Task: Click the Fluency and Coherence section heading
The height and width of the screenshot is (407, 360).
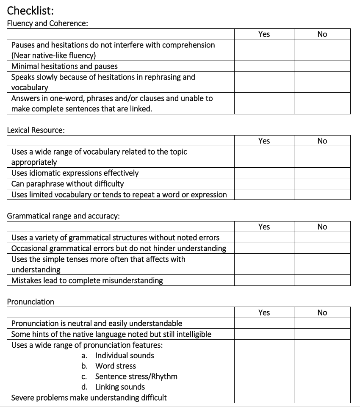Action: [47, 23]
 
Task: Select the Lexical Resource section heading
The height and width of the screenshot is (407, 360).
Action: [36, 130]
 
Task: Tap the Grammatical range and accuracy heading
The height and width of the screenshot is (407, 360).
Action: [64, 216]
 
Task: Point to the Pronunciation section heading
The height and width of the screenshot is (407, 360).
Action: [30, 302]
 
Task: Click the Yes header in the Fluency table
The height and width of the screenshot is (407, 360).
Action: [264, 34]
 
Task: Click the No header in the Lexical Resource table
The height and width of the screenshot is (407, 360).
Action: [322, 141]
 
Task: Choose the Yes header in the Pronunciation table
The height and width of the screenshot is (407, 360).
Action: [264, 313]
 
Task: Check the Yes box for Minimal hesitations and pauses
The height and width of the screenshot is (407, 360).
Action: [264, 66]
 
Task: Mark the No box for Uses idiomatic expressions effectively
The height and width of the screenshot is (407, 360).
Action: [322, 173]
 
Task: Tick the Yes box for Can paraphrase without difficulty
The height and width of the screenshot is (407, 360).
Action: [264, 184]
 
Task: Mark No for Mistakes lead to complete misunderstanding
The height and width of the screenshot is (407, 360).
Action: [322, 280]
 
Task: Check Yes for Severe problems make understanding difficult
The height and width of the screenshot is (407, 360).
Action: [264, 398]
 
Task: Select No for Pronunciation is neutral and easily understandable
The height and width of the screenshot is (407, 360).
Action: [322, 324]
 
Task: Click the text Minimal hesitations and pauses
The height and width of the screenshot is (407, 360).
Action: [64, 66]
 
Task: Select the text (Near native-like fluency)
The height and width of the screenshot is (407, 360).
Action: [53, 55]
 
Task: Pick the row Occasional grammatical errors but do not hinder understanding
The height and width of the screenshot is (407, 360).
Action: [119, 248]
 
